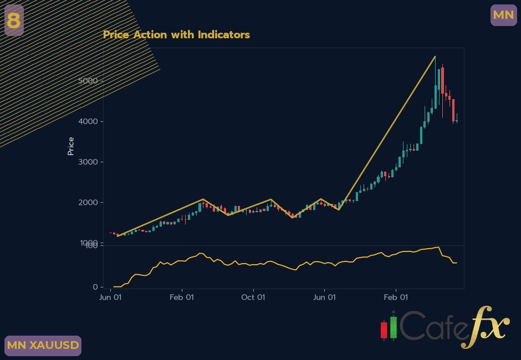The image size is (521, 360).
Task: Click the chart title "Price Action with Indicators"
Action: (176, 34)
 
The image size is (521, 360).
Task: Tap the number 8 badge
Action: (14, 20)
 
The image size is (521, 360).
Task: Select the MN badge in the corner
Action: (503, 15)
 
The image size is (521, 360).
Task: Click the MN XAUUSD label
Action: (43, 346)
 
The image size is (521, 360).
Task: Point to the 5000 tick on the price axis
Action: (88, 81)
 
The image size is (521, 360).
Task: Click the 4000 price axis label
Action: (88, 121)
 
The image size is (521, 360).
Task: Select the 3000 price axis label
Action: (88, 162)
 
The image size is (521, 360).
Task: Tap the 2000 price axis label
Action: (88, 202)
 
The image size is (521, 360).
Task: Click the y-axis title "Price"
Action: (70, 146)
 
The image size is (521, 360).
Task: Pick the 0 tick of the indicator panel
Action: (95, 287)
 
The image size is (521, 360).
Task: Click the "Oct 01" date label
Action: (253, 297)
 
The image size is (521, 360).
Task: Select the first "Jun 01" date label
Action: (110, 297)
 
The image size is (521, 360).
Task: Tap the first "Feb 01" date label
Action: (182, 297)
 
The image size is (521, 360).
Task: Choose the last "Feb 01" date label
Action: (396, 297)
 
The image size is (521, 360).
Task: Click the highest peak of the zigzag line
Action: (435, 56)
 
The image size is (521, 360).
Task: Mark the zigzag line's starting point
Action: (118, 236)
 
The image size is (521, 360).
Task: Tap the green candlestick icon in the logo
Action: (394, 328)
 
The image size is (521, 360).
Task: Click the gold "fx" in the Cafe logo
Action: (486, 327)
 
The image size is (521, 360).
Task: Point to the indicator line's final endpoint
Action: (457, 263)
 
